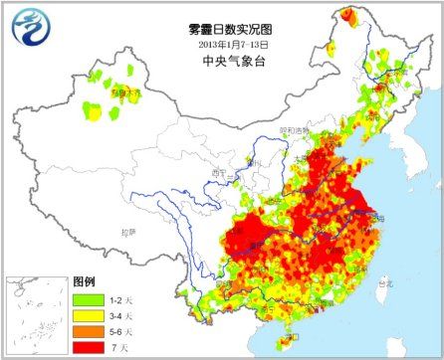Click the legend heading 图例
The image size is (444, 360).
tap(84, 281)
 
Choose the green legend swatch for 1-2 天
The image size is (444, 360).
tap(86, 297)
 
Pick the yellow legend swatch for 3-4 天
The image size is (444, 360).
tap(86, 313)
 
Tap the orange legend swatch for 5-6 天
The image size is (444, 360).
tap(86, 329)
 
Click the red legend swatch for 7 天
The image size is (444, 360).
tap(86, 345)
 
